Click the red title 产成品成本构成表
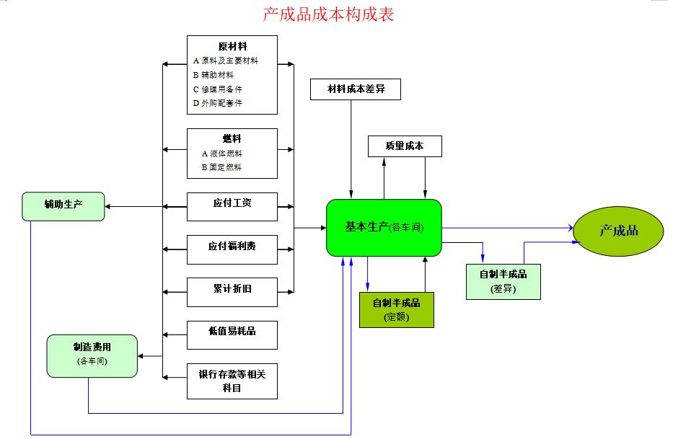[328, 14]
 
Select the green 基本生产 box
[384, 228]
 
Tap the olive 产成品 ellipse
[618, 231]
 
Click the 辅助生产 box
[63, 206]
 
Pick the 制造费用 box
[92, 355]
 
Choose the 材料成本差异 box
[354, 89]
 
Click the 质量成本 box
[404, 146]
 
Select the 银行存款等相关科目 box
[232, 381]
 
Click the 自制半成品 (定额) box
[396, 309]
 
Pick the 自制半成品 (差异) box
[503, 281]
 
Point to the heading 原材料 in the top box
[232, 46]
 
